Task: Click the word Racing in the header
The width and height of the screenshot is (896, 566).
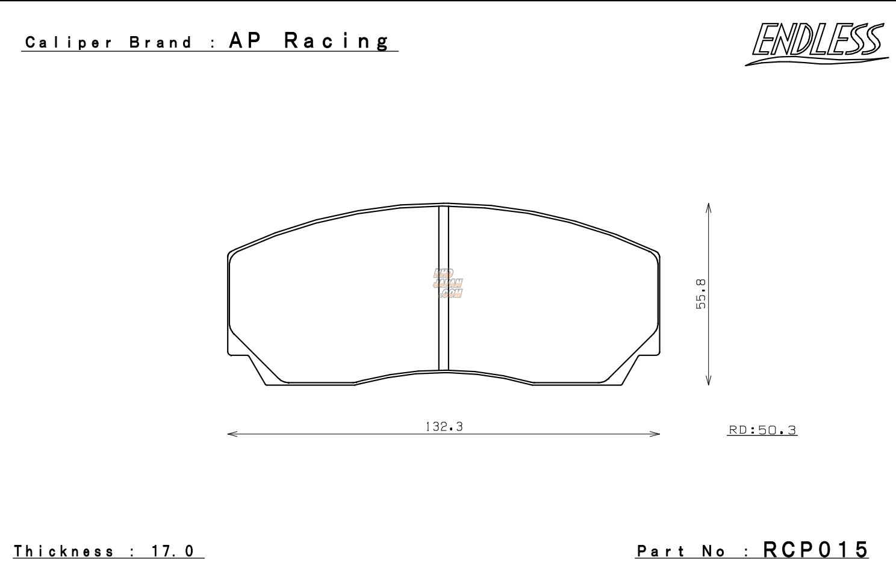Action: [337, 41]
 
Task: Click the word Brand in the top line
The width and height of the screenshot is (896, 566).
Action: [161, 43]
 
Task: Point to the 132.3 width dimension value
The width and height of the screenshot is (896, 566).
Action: [444, 427]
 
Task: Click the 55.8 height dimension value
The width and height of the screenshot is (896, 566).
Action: [701, 294]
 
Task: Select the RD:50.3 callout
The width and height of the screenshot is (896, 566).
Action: [762, 430]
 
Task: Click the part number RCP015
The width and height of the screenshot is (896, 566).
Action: [816, 549]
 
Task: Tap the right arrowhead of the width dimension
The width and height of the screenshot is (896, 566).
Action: [656, 434]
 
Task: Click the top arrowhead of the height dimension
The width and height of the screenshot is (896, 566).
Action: [709, 207]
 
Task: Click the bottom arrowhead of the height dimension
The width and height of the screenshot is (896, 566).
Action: [709, 381]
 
